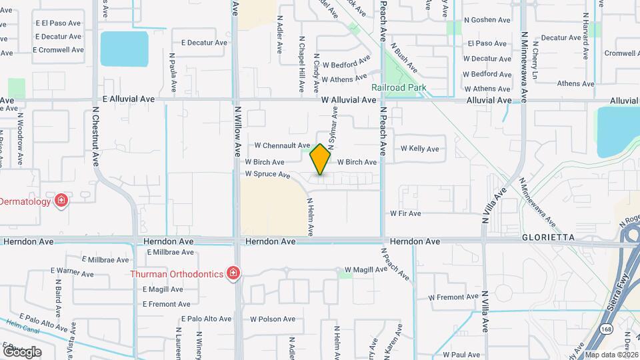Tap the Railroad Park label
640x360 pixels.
399,87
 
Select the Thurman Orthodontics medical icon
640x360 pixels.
233,273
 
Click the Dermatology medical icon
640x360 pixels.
61,201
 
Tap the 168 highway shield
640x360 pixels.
605,329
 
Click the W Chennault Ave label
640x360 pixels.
282,145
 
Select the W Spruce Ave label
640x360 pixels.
267,174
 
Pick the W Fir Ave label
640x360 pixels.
405,213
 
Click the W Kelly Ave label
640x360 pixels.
419,149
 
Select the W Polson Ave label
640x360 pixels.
272,319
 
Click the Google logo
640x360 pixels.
21,351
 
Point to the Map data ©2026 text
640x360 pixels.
611,355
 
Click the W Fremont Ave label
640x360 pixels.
453,297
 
